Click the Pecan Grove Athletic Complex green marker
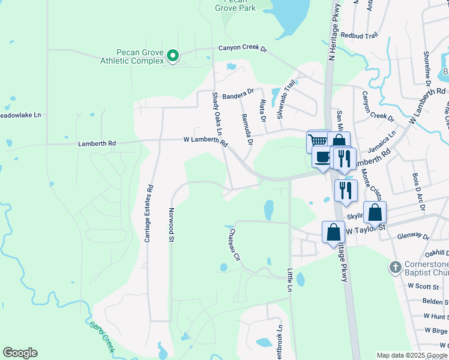click(173, 56)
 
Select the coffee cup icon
click(323, 157)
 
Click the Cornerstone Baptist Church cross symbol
click(395, 267)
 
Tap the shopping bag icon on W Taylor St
click(333, 232)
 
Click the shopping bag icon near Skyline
click(375, 212)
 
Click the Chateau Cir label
click(233, 244)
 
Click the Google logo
click(20, 353)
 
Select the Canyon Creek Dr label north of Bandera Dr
click(242, 48)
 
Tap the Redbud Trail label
click(359, 35)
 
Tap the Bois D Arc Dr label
click(418, 193)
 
